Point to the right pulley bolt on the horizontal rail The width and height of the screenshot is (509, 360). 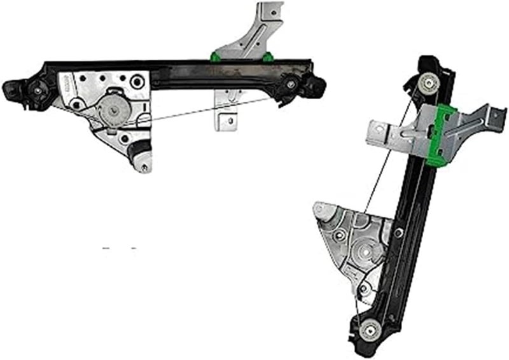click(x=291, y=83)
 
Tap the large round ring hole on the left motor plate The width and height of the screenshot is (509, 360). click(x=136, y=83)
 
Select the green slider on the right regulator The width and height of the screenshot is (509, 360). click(x=444, y=134)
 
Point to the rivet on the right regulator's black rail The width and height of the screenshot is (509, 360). click(x=398, y=233)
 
